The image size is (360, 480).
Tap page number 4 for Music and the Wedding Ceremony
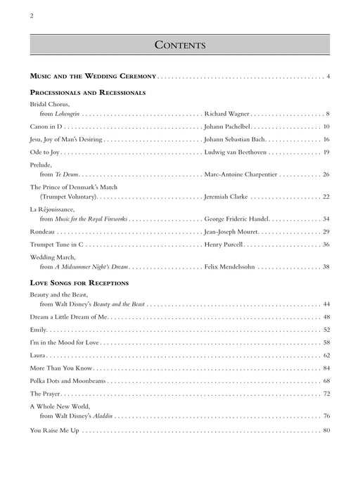point(328,75)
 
